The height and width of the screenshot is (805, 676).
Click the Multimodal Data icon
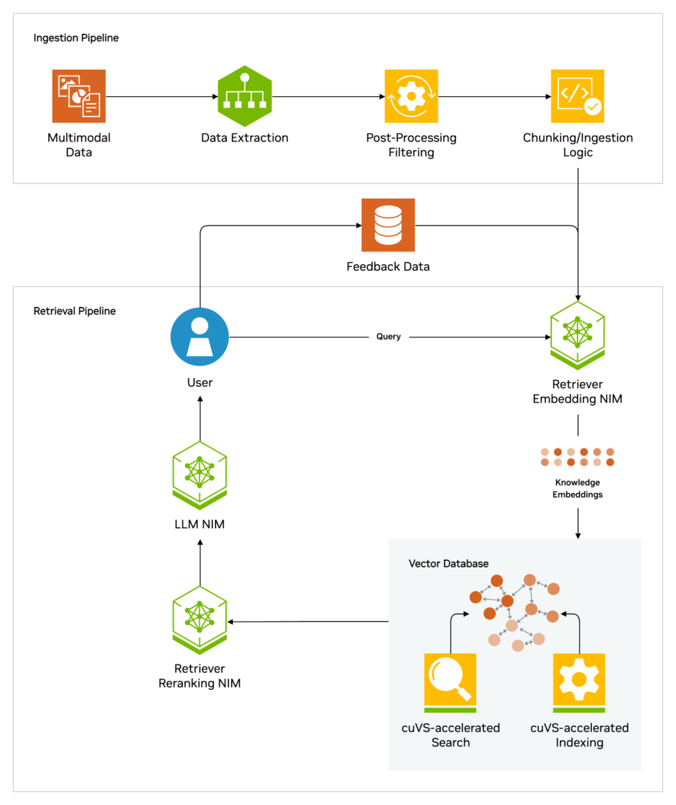tap(79, 96)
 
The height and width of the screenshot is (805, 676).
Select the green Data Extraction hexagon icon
tap(245, 96)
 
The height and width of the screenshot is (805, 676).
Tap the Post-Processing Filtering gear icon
tap(411, 96)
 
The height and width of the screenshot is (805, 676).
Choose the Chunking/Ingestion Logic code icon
tap(577, 96)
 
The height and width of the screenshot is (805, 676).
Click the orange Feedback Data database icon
tap(388, 225)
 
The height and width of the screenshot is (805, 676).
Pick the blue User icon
tap(200, 336)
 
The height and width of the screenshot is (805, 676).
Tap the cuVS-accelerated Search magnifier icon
tap(450, 681)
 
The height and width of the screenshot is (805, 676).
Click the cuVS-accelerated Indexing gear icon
tap(579, 681)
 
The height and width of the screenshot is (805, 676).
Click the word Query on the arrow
tap(388, 336)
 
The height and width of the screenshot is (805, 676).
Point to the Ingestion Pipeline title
tap(76, 38)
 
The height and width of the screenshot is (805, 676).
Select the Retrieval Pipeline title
tap(74, 311)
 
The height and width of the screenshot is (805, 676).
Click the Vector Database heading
tap(448, 564)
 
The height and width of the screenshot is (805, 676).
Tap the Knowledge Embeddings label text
tap(577, 489)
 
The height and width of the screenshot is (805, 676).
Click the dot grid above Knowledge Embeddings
tap(577, 457)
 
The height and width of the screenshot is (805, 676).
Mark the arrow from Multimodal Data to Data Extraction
tap(161, 97)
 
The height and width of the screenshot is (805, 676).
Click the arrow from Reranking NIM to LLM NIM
tap(200, 562)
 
